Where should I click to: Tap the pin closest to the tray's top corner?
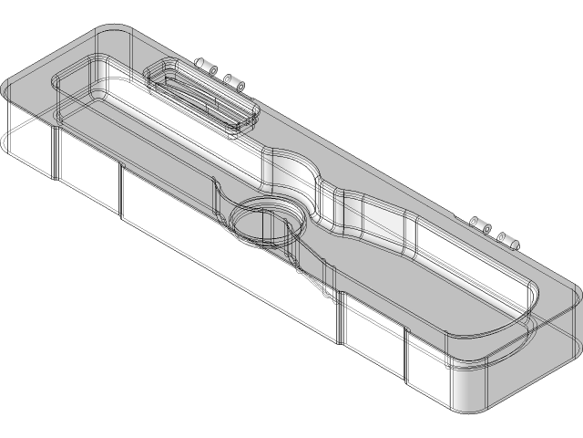203,67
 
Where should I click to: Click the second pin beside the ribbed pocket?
235,83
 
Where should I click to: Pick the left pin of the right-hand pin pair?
479,224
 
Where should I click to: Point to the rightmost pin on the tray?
507,240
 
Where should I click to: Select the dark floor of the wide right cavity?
437,292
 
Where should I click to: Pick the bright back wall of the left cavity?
182,119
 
